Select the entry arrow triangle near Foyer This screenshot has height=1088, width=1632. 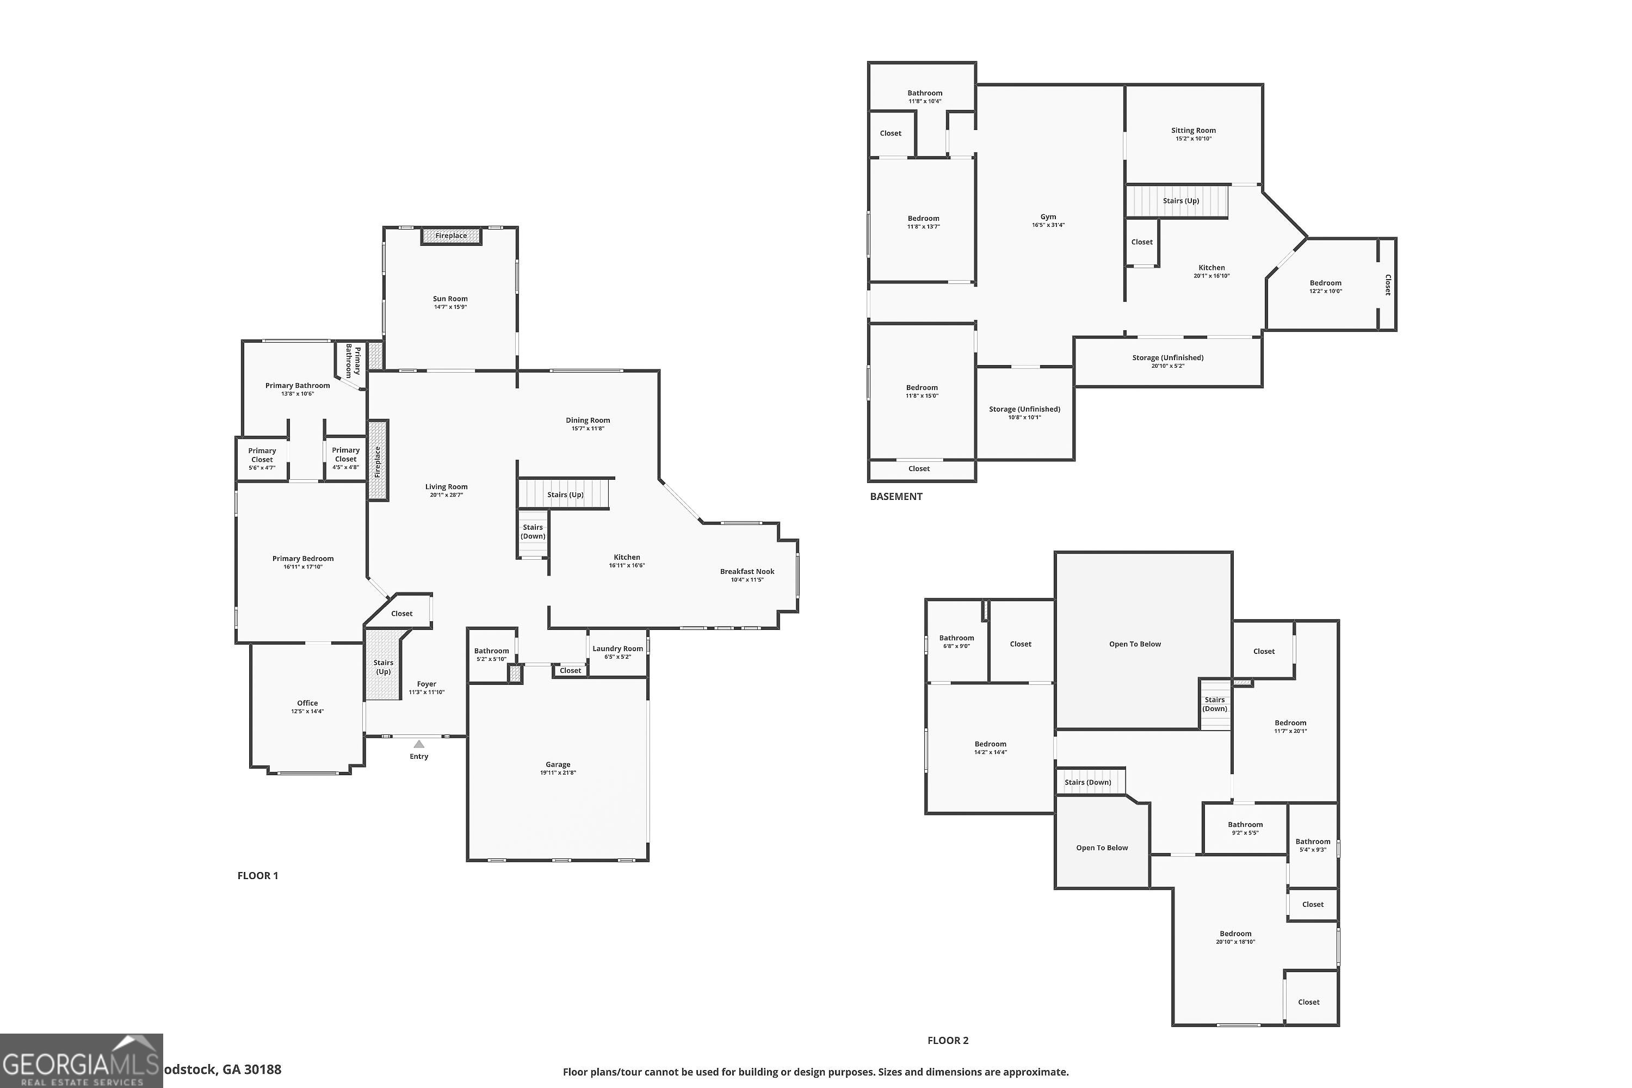(x=418, y=744)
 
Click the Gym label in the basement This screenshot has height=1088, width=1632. (x=1048, y=217)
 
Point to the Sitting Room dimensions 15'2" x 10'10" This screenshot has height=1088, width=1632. (x=1193, y=139)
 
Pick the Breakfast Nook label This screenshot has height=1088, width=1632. (x=746, y=572)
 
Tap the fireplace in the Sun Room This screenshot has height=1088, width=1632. (x=451, y=236)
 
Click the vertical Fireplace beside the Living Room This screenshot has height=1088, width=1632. (x=378, y=460)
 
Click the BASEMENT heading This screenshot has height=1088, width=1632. (x=896, y=497)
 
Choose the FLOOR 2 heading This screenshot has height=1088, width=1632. (x=947, y=1040)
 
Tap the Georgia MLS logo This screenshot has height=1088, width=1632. (x=81, y=1061)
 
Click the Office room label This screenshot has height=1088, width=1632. (x=307, y=703)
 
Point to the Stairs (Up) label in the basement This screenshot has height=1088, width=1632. (x=1180, y=201)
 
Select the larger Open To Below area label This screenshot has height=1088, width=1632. (x=1134, y=644)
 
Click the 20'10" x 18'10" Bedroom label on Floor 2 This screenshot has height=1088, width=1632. (x=1235, y=937)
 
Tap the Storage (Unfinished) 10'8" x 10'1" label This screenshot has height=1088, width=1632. (x=1024, y=413)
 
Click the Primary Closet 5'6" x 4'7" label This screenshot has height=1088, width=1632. (x=262, y=459)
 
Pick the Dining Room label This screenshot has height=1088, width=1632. (x=587, y=421)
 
